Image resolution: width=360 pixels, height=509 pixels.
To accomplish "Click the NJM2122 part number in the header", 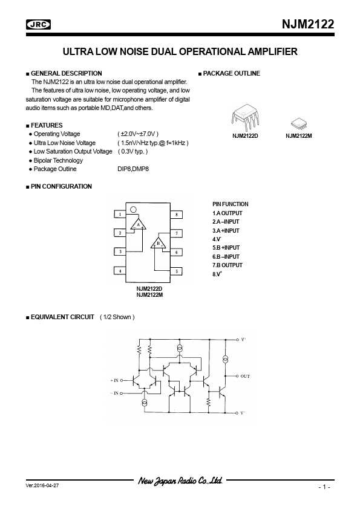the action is [308, 25].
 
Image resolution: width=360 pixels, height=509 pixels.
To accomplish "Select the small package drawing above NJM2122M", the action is [298, 123].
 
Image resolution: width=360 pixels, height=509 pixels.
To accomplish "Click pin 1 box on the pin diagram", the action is [120, 214].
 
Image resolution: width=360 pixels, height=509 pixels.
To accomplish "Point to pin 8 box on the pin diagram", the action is [176, 214].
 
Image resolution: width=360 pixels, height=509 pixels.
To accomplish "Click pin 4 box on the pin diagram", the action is [120, 271].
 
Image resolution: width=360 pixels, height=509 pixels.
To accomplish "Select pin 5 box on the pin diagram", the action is [176, 271].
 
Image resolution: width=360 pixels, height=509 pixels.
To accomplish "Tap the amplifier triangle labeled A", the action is [139, 224].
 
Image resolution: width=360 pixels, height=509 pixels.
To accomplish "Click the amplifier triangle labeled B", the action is [158, 243].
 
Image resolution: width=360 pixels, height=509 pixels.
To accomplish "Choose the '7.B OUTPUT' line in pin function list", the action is [227, 265].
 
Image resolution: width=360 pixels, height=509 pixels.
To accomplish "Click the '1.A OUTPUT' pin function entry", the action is [227, 213].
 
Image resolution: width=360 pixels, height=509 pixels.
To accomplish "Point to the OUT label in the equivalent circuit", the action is [244, 376].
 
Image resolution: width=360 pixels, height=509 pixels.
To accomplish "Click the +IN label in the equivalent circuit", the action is [114, 381].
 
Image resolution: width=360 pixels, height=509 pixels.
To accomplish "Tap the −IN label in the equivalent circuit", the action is [114, 393].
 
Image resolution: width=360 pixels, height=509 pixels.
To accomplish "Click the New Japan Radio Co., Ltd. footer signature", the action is [180, 481].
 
